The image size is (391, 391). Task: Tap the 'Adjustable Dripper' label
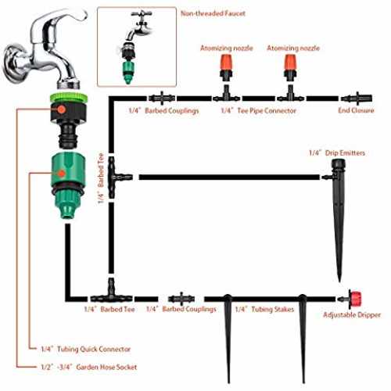point(352,315)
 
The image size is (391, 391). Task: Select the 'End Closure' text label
point(356,110)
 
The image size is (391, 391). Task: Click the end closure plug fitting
point(357,99)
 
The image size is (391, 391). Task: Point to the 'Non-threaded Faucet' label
point(213,13)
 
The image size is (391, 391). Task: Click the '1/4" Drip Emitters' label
point(337,152)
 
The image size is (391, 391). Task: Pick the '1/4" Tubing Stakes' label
point(264,309)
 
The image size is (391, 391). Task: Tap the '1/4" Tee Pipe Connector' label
point(258,111)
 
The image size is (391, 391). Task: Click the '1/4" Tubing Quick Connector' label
point(86,349)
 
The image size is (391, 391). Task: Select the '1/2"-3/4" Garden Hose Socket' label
point(89,367)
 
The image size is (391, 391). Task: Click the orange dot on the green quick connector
point(62,173)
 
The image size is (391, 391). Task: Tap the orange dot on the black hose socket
point(61,109)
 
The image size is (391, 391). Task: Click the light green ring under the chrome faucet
point(69,97)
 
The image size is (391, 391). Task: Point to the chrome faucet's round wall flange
point(14,63)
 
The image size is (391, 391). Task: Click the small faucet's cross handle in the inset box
point(142,14)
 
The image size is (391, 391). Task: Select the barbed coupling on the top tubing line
point(162,99)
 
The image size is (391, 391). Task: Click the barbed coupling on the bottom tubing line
point(181,299)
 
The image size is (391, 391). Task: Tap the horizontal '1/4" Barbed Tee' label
point(109,310)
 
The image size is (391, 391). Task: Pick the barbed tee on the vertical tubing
point(117,178)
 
